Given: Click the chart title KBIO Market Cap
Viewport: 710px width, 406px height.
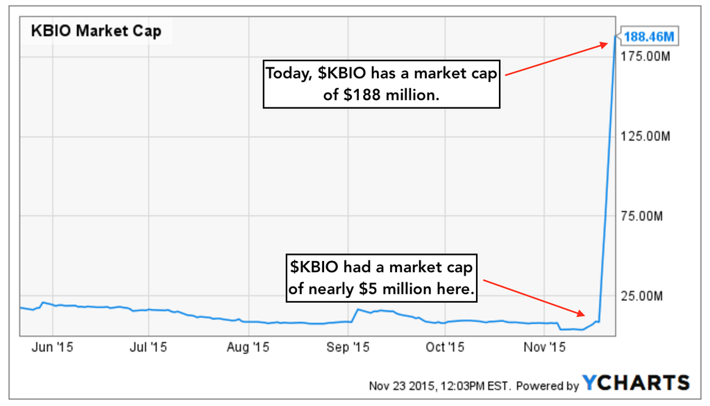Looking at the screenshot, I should pyautogui.click(x=96, y=31).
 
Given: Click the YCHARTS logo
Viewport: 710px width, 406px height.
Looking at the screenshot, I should pyautogui.click(x=636, y=382).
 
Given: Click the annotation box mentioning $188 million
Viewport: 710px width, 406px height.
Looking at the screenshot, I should pyautogui.click(x=381, y=84).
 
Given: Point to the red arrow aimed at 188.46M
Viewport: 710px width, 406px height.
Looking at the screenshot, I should pyautogui.click(x=555, y=59).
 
